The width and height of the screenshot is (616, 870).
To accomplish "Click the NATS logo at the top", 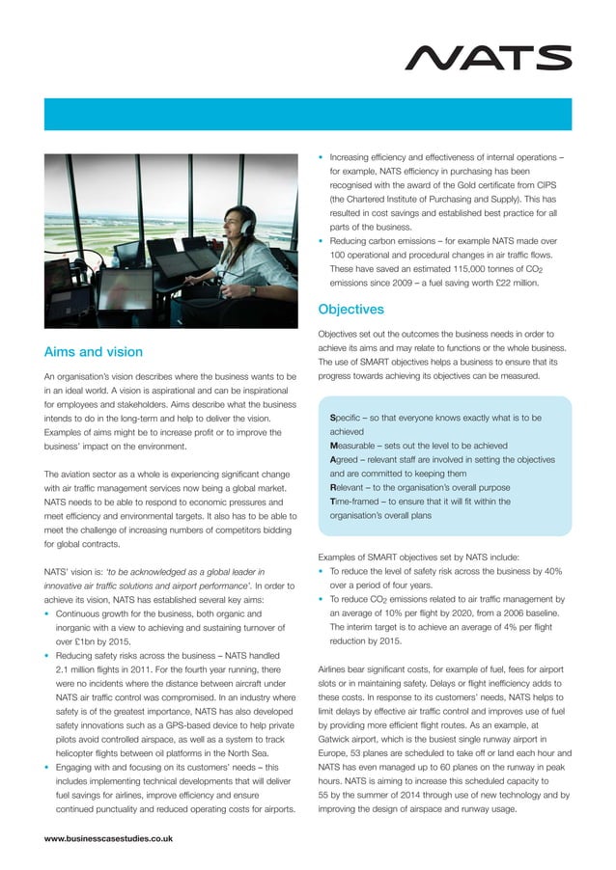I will pos(488,58).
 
